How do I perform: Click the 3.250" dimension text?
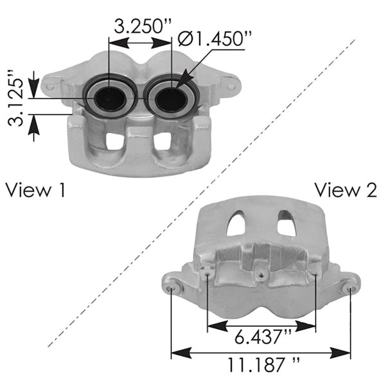tap(143, 28)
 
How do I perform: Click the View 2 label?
tap(345, 190)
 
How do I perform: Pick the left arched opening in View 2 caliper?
tap(236, 223)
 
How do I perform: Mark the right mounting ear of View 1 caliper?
tap(228, 82)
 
